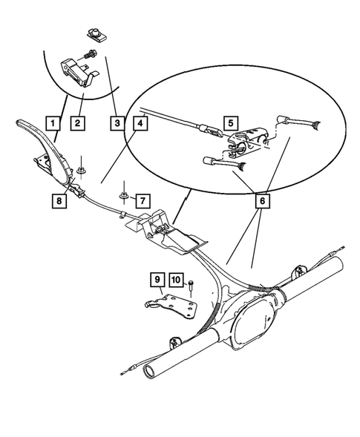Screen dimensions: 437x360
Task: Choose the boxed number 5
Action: pos(231,123)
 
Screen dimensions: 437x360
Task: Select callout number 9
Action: pos(157,280)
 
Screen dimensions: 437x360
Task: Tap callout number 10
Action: pos(176,280)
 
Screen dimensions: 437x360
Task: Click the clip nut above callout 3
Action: pos(94,31)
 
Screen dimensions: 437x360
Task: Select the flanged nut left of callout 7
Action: pos(123,197)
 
